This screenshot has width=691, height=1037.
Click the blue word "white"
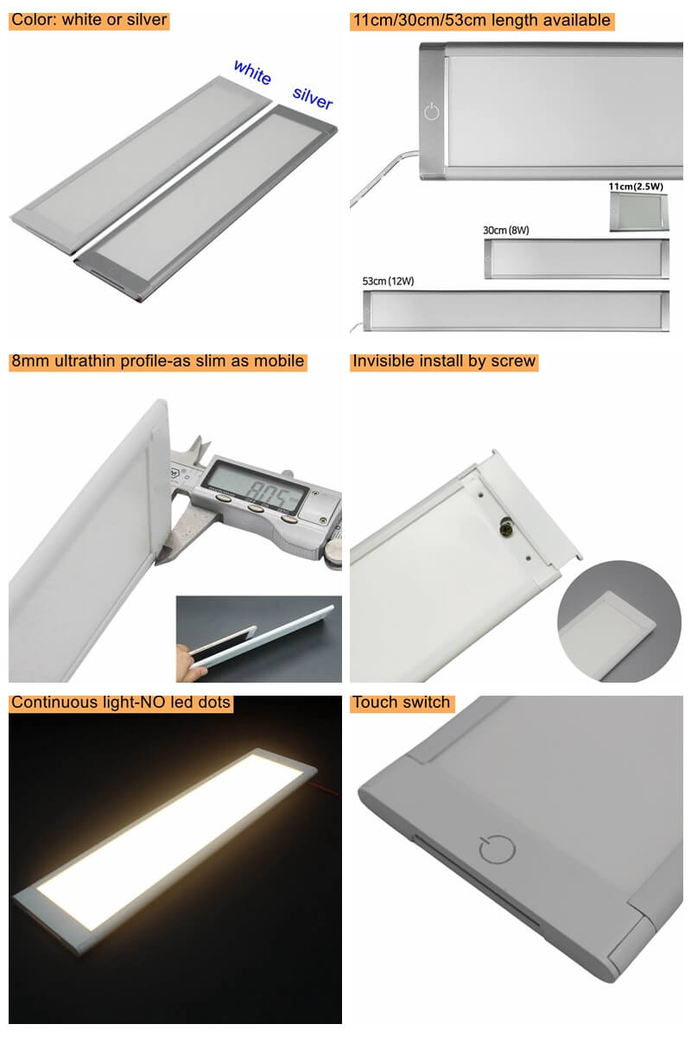(x=252, y=73)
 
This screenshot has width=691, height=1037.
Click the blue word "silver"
(x=313, y=98)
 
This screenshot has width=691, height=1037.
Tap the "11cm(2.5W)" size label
(x=636, y=187)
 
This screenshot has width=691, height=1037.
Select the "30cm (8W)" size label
(x=506, y=230)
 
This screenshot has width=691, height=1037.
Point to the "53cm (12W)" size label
(x=388, y=281)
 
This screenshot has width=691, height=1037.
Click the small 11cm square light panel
(x=638, y=212)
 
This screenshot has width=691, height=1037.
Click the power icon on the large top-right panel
(x=431, y=111)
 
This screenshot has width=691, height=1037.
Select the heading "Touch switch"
(x=402, y=703)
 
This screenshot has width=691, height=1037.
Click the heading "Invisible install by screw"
(x=444, y=361)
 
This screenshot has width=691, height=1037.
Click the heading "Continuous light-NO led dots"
(x=121, y=703)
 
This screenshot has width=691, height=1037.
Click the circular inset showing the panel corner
(x=619, y=621)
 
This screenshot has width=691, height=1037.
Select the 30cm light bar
(x=576, y=258)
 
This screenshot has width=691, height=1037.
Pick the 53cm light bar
(x=516, y=310)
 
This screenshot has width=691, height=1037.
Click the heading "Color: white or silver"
(x=89, y=20)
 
